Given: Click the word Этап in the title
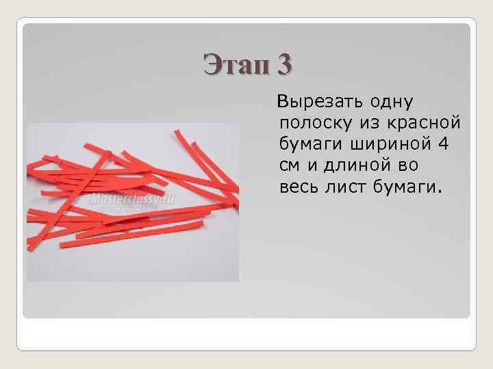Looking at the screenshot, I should pos(236,66).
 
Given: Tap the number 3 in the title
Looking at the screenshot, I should pos(284,66).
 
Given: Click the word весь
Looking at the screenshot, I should pos(300,186).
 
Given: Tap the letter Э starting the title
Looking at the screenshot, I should pos(212,66).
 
